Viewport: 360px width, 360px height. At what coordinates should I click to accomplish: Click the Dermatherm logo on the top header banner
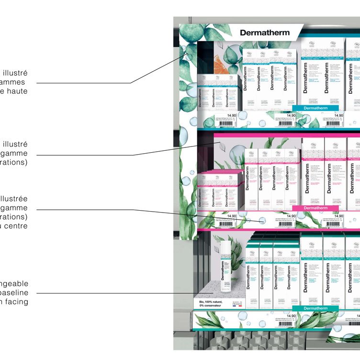pyautogui.click(x=264, y=33)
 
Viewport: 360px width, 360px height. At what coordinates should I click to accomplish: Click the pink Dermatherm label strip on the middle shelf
pyautogui.click(x=315, y=208)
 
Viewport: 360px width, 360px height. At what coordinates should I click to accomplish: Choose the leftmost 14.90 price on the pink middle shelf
pyautogui.click(x=232, y=216)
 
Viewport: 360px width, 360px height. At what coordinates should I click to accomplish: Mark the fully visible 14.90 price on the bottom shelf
pyautogui.click(x=291, y=316)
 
